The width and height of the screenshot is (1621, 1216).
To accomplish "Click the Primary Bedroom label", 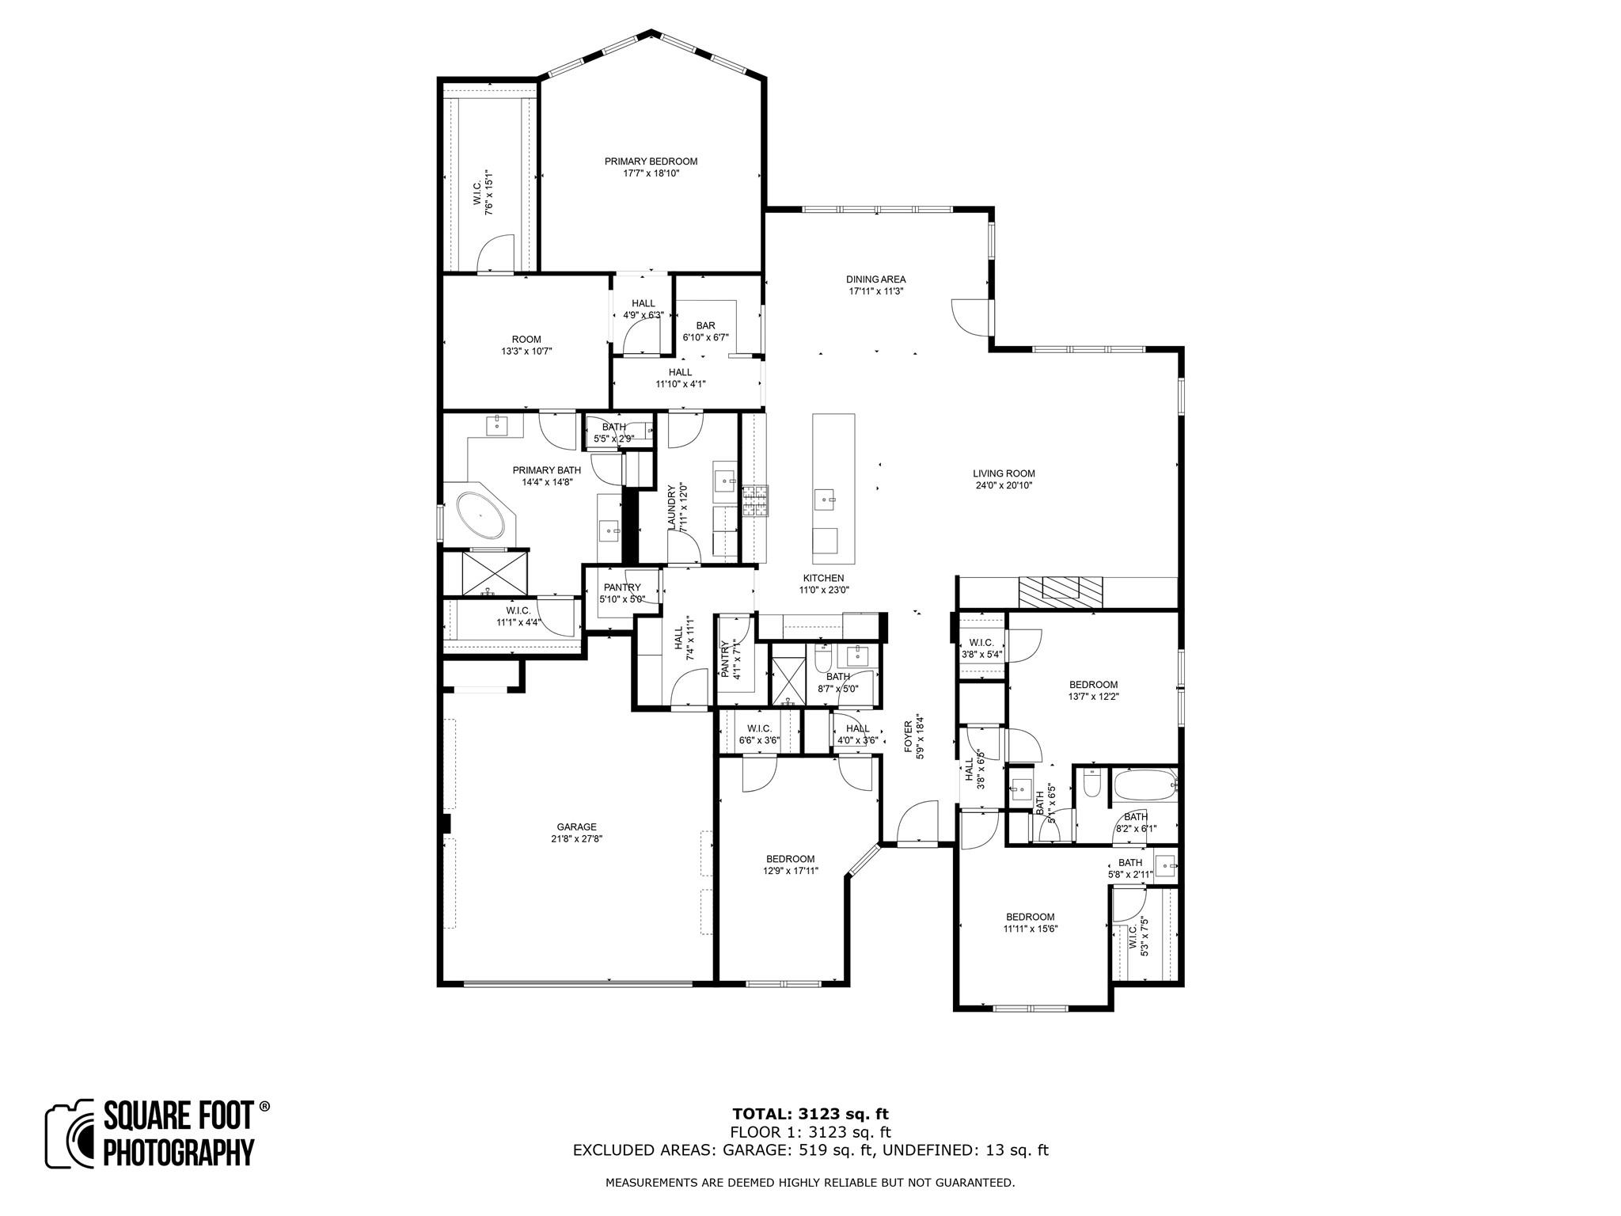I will click(651, 161).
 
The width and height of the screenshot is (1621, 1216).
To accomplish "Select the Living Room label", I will click(1003, 474).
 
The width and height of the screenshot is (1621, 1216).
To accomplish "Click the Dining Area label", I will click(875, 279).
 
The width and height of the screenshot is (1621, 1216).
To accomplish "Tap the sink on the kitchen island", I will click(826, 500).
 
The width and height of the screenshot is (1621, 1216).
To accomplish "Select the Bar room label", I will click(705, 325).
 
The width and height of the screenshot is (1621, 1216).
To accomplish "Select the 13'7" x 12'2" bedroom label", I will click(1093, 685).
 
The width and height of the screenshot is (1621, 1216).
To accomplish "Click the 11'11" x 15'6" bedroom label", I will click(1030, 917).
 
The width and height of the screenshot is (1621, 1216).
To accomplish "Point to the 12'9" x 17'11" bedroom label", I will click(790, 859).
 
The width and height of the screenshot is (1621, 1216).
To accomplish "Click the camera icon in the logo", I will click(71, 1134).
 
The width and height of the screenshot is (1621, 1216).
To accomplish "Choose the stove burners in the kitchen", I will click(755, 502).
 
